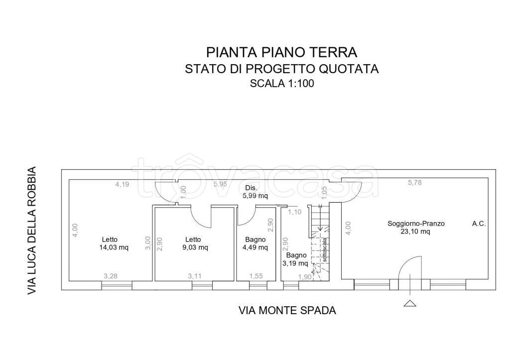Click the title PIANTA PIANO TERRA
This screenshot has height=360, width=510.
281,52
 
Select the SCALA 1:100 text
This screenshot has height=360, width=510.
281,84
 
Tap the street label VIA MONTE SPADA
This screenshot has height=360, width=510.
287,311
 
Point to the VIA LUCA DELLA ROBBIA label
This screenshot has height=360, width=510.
32,231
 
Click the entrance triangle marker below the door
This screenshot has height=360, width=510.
409,303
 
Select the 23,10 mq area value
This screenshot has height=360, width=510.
416,232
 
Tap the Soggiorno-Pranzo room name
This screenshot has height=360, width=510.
416,224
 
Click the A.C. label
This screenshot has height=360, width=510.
479,224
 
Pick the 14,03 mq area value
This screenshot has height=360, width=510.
114,247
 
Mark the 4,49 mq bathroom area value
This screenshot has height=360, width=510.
255,247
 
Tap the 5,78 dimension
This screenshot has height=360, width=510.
414,183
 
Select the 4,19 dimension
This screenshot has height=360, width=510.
122,184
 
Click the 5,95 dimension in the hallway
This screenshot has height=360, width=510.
221,184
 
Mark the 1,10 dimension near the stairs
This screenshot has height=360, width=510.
295,212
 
